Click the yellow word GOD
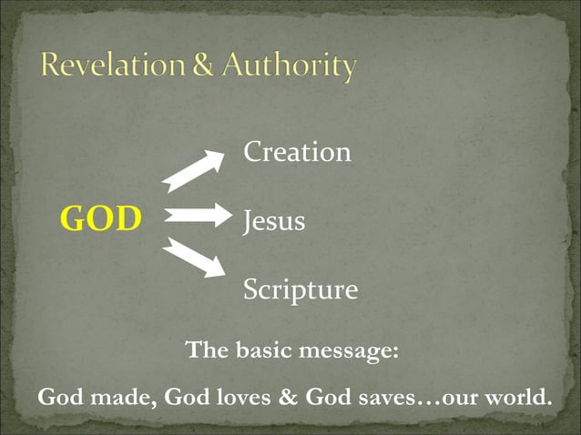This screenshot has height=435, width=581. [x=101, y=219]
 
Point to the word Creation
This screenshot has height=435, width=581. [x=297, y=152]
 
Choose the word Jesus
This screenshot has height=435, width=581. [x=273, y=221]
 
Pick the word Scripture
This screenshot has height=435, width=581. [x=300, y=290]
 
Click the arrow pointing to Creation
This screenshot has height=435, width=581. [x=194, y=170]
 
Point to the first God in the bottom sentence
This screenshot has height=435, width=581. [x=57, y=399]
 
